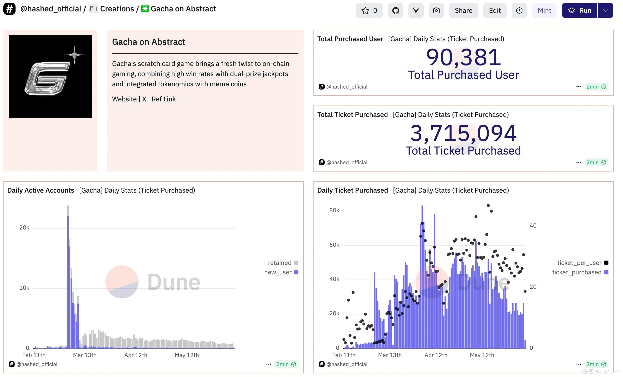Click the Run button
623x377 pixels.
(579, 10)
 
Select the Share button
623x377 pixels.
(463, 10)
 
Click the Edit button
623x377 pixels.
(495, 10)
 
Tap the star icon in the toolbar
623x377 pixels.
(365, 10)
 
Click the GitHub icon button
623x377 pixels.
(395, 10)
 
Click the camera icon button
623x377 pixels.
(436, 10)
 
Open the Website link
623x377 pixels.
(124, 99)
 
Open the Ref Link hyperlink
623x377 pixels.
(164, 99)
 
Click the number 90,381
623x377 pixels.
(463, 57)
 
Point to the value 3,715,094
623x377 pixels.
(463, 133)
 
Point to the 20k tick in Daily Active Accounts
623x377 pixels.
(24, 228)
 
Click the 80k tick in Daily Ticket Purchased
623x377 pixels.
(334, 210)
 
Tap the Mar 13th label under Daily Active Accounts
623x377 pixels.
(85, 355)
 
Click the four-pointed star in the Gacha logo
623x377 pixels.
(74, 54)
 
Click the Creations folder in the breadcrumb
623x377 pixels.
(112, 9)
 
